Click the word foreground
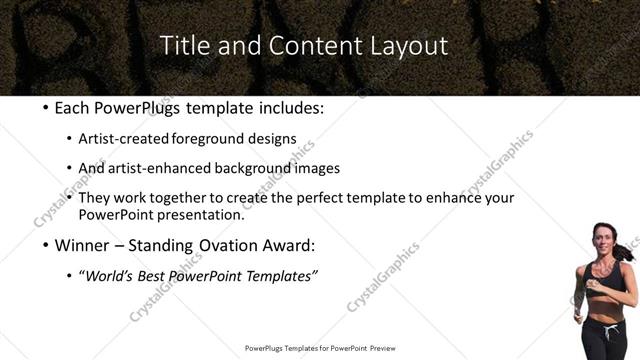(x=214, y=139)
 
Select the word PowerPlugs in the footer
(x=265, y=348)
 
